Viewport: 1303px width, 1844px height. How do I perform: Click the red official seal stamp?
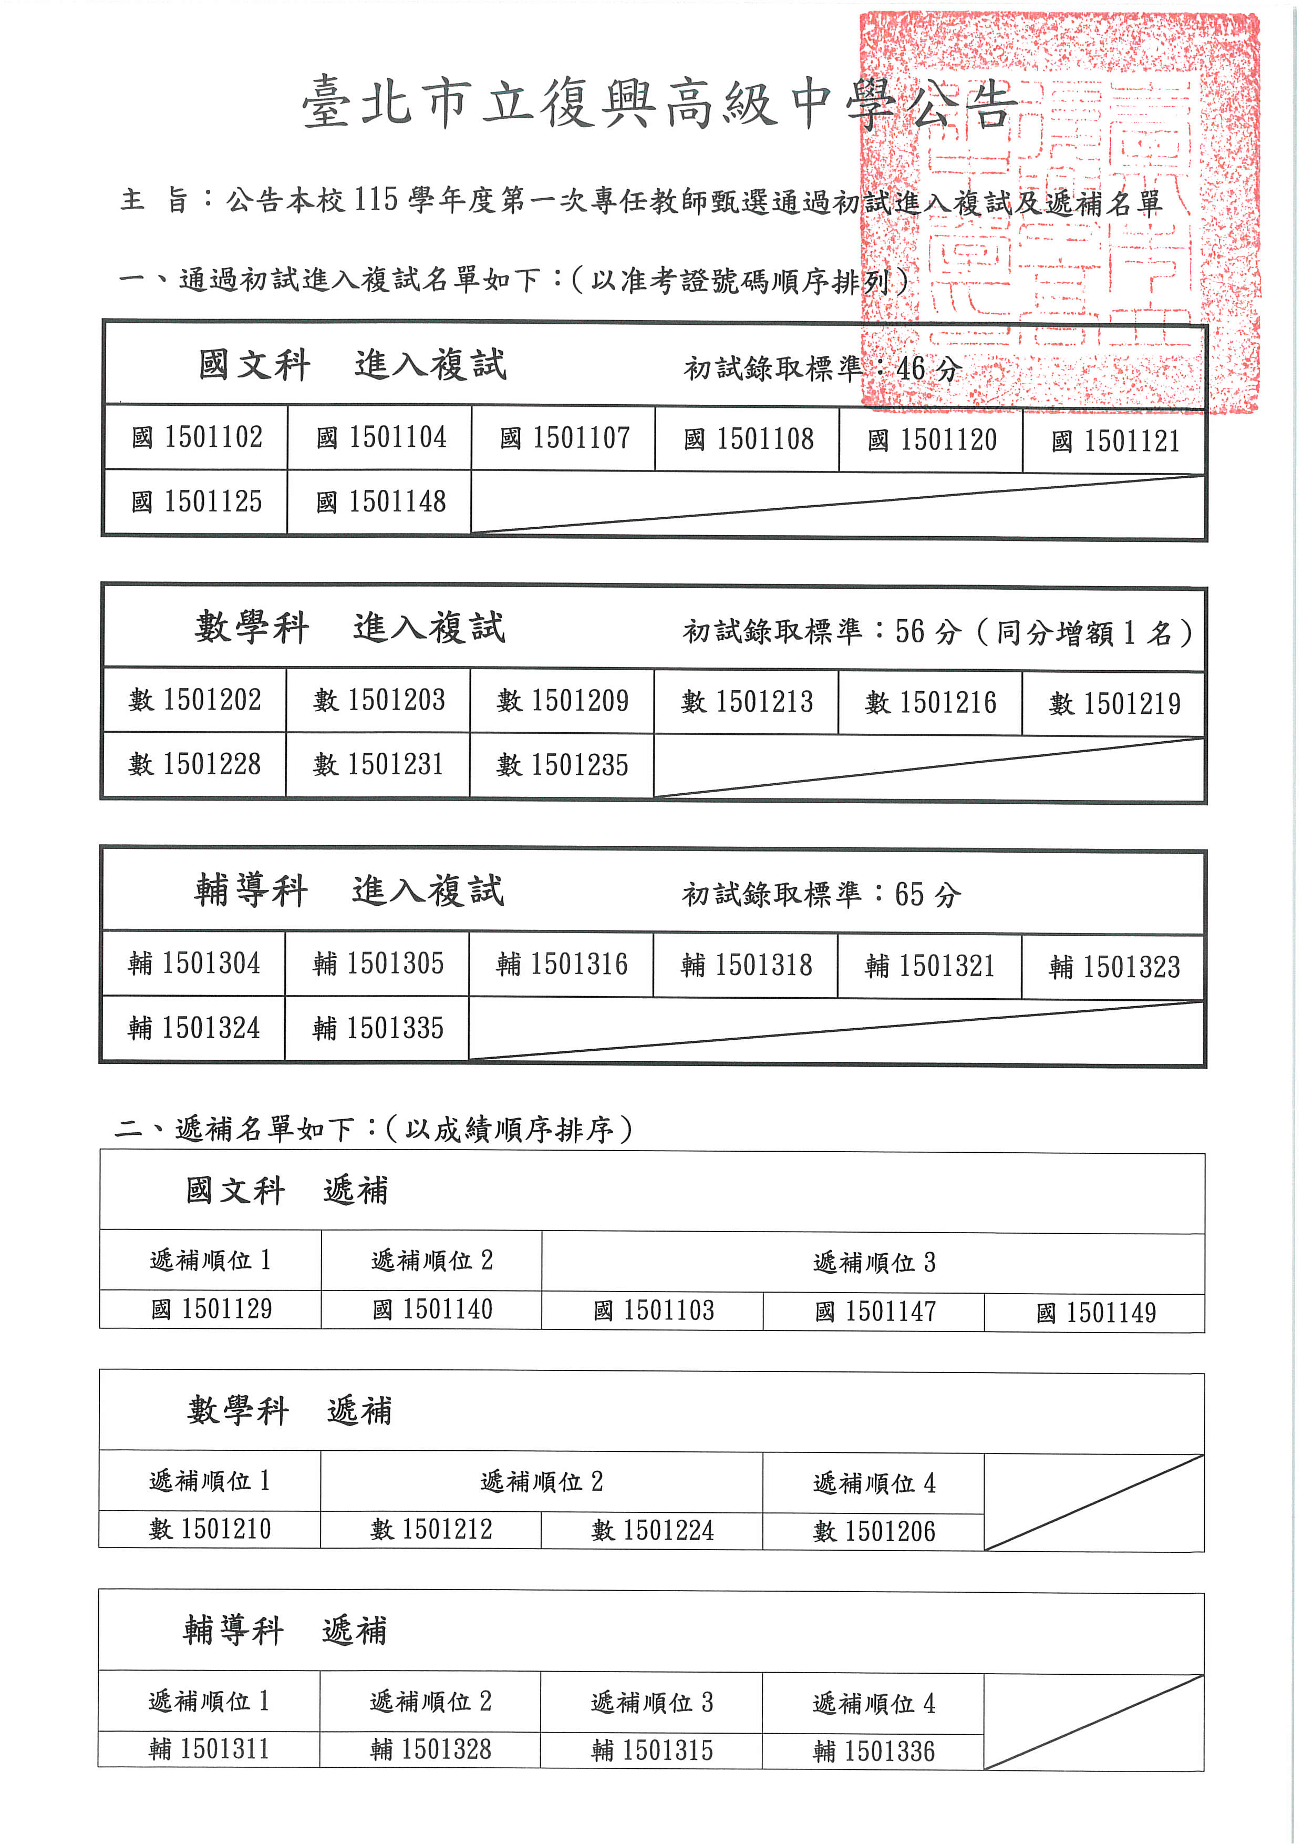pos(1060,213)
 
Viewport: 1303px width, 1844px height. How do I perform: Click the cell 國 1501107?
pos(564,438)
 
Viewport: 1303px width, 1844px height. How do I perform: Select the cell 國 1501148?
pos(380,503)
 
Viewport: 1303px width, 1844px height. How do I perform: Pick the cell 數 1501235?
pos(562,765)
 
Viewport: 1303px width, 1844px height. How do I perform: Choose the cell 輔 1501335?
pos(377,1029)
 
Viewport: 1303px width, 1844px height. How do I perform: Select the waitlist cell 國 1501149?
pos(1095,1313)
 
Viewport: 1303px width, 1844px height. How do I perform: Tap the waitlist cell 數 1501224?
pos(652,1530)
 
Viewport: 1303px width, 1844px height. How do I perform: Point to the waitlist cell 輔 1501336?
pos(874,1751)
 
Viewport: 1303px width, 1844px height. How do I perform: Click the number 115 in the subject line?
pos(376,199)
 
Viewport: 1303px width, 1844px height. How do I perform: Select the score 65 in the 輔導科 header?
pos(909,895)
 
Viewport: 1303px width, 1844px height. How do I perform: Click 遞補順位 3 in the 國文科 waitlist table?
pos(874,1263)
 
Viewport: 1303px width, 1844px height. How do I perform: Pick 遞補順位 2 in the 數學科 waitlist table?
pos(541,1482)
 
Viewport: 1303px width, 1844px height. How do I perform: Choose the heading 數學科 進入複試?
pos(350,628)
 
